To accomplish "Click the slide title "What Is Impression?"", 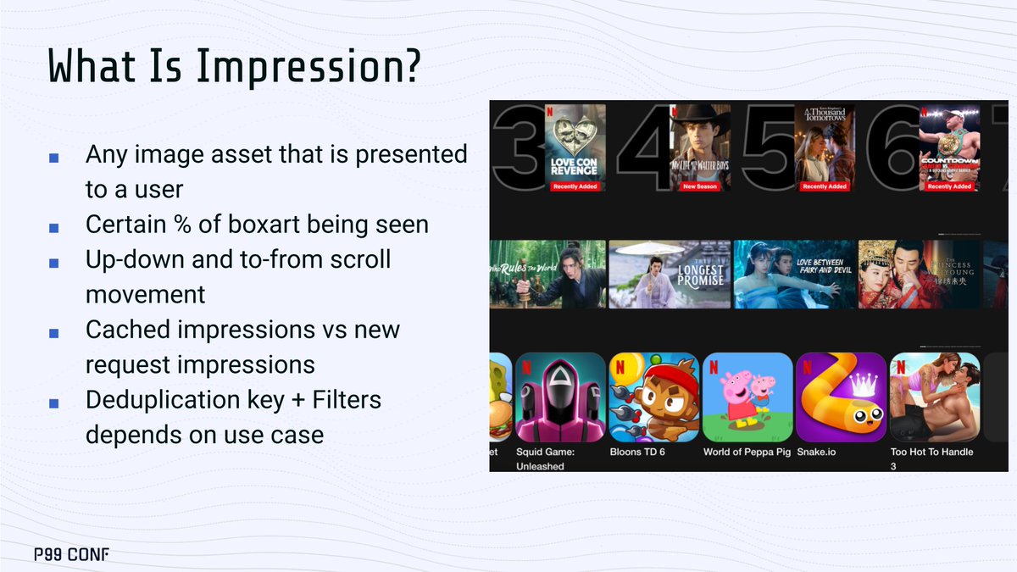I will point(233,66).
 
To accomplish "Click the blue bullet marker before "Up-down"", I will point(54,263).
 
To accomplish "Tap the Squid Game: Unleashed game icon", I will point(559,396).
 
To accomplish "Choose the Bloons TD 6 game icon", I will point(653,396).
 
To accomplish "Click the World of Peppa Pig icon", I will point(747,396).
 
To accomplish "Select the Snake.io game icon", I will point(841,396).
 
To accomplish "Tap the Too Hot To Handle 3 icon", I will point(935,396).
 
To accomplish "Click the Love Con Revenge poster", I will point(575,147).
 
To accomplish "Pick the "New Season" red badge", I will point(700,186).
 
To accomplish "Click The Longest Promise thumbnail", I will point(670,274).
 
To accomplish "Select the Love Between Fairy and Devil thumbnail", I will point(794,274).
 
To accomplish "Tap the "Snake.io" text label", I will point(816,452).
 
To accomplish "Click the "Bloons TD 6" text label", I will point(637,452).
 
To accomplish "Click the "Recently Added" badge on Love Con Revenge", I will point(575,186).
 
